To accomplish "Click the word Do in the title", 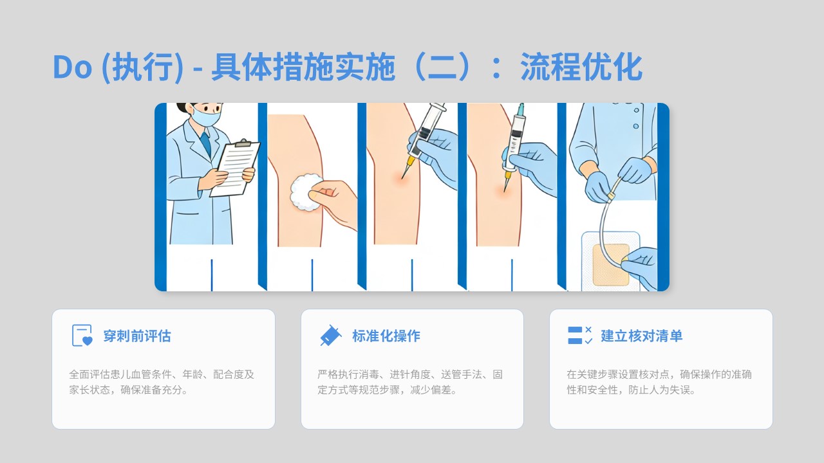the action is (72, 67).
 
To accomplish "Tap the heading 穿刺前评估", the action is (137, 336).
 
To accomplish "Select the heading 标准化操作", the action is (386, 336).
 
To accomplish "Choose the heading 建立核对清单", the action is (642, 336).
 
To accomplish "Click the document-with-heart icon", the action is (82, 335).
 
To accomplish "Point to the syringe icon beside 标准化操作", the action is (331, 336).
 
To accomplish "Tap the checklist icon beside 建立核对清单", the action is (580, 335).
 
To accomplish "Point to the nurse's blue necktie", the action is (206, 144).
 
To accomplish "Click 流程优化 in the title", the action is (581, 67).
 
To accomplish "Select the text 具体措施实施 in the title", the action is (303, 67).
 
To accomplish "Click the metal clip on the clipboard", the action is (243, 143).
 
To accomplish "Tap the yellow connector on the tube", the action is (612, 197).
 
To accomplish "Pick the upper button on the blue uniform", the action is (637, 110).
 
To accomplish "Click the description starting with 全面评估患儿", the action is (162, 382).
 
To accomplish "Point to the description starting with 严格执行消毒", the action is (410, 382).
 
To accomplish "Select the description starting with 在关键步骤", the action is (659, 382).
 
